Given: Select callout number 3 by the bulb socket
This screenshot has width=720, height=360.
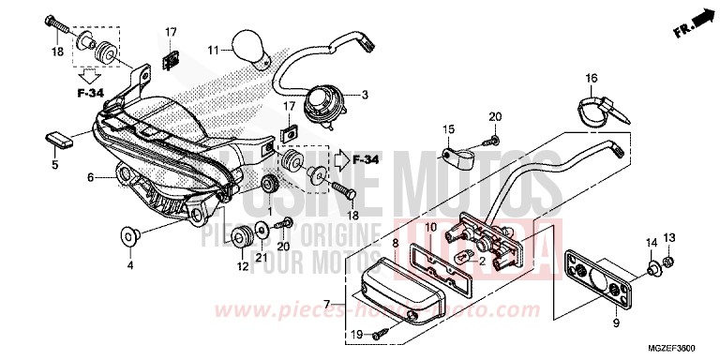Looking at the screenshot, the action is [365, 94].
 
